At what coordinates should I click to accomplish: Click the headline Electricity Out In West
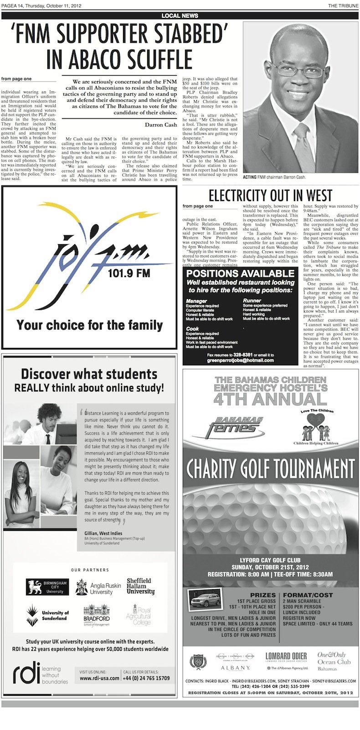pos(270,195)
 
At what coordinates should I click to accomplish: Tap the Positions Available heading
pos(240,273)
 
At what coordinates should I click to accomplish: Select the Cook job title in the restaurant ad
pos(192,328)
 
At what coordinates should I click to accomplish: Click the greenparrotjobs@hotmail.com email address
pos(240,360)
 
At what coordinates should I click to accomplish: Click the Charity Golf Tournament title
pos(270,468)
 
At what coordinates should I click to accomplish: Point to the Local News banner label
pos(180,15)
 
